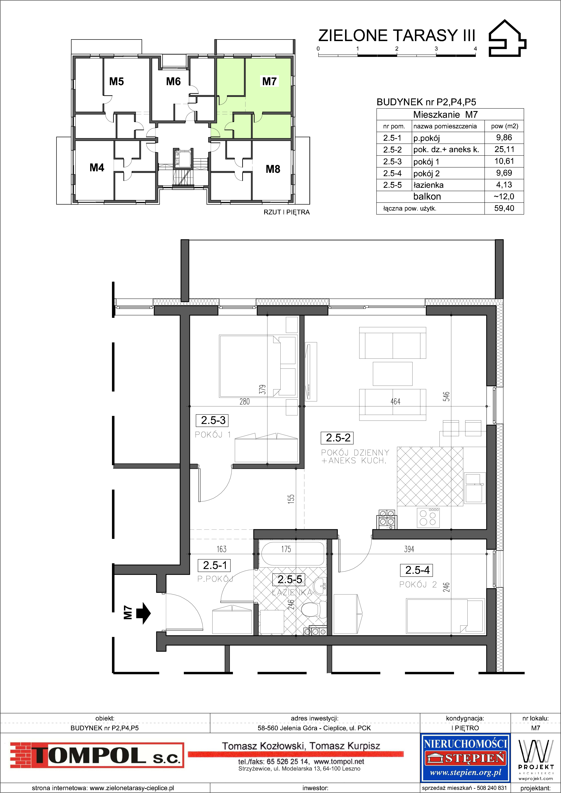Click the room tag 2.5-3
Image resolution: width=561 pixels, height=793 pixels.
(213, 420)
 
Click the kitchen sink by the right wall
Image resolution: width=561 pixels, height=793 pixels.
(475, 488)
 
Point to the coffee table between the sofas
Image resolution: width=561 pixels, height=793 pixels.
(392, 374)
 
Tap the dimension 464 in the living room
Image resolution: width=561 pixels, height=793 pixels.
(395, 401)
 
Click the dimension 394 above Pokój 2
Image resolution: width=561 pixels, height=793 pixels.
(409, 549)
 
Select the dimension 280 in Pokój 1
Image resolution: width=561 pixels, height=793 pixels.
(245, 401)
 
